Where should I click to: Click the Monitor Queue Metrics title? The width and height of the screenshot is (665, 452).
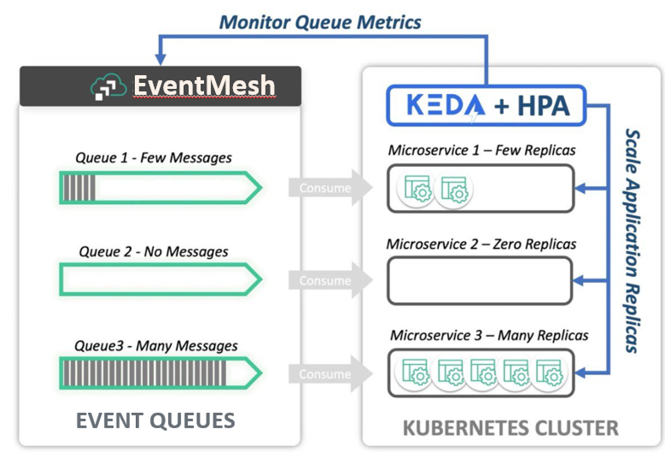point(320,22)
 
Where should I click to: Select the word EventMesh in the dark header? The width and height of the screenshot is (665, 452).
point(204,86)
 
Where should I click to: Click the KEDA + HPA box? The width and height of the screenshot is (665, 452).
point(486,105)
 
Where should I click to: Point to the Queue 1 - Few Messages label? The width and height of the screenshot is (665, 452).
point(153,158)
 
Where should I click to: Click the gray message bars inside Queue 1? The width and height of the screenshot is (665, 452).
point(79,188)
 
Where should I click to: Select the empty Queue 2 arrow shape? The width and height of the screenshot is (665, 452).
point(159,279)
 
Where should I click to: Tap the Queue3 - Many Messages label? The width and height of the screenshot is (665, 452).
point(156,346)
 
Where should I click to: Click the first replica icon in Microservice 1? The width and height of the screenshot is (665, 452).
point(417,189)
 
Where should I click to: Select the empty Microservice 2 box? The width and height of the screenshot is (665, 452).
point(480,281)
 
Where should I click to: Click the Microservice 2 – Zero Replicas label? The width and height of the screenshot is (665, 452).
point(481,244)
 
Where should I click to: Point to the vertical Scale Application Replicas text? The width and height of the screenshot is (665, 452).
point(632,240)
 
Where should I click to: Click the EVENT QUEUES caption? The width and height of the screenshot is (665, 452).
point(155,421)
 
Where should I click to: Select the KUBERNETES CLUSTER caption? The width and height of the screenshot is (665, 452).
point(510,428)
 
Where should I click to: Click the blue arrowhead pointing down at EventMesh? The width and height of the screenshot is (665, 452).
point(160,59)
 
